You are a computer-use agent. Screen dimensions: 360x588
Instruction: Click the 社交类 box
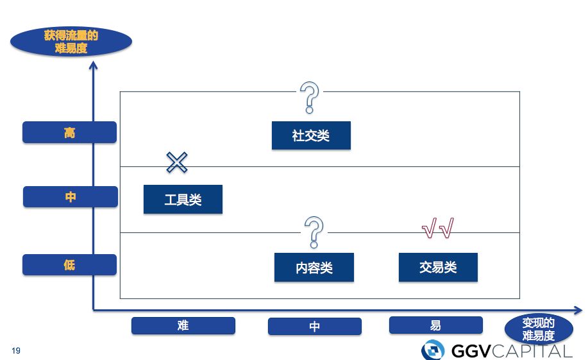[311, 135]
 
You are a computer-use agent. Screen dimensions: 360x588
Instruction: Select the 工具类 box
[183, 200]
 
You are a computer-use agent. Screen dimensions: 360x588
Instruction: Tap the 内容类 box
[314, 268]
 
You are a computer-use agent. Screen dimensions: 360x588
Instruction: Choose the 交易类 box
[438, 267]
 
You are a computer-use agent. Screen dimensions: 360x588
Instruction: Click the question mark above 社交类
[310, 97]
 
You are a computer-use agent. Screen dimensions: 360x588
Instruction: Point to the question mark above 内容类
[314, 232]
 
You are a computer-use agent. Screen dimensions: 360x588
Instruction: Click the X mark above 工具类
[176, 162]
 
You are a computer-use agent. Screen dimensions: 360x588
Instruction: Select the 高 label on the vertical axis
[70, 132]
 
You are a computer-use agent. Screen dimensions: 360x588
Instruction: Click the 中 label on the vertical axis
[71, 197]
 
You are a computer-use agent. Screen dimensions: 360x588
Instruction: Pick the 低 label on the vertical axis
[70, 264]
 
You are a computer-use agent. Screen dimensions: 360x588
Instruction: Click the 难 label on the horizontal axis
[183, 325]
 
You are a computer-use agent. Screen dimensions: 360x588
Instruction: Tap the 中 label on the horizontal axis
[314, 327]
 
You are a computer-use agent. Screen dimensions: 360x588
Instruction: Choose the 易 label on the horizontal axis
[435, 325]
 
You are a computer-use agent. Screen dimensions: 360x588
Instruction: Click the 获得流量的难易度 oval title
[71, 42]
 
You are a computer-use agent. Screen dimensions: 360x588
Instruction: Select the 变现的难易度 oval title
[538, 329]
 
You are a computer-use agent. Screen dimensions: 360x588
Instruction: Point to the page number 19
[16, 350]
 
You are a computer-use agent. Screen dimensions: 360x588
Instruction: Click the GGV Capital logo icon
[433, 350]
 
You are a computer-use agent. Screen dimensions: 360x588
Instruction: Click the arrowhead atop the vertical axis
[94, 64]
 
